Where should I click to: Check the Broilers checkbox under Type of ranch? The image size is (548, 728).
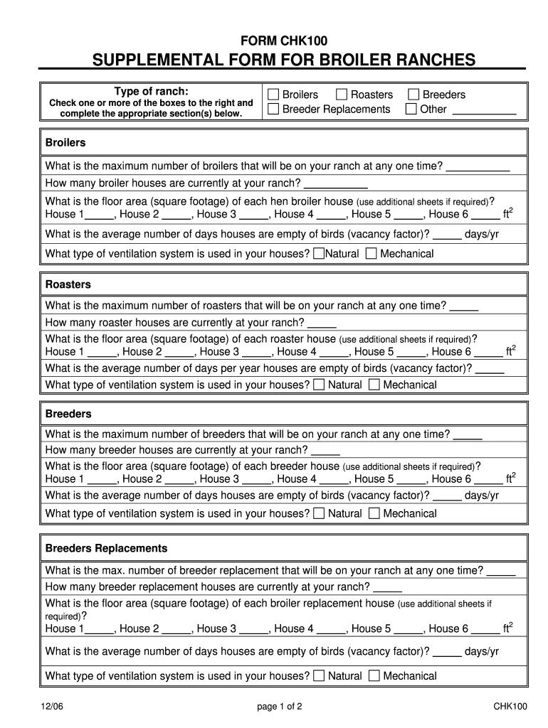[x=273, y=95]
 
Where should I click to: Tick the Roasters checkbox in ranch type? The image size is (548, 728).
[x=342, y=95]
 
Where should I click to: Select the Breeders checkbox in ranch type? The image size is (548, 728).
[x=413, y=95]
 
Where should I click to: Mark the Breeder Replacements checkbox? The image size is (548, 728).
[x=273, y=109]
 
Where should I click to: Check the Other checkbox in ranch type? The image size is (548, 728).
[x=411, y=109]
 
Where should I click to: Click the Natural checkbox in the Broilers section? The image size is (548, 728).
[x=319, y=254]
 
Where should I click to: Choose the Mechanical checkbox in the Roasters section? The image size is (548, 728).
[x=374, y=385]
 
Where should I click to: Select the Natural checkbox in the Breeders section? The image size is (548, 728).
[x=319, y=513]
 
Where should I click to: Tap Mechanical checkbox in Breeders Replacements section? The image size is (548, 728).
[x=374, y=675]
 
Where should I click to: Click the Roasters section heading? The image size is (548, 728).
[x=68, y=284]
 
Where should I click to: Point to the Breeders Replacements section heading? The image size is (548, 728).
[x=106, y=548]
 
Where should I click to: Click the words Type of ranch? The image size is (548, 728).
[x=152, y=91]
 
